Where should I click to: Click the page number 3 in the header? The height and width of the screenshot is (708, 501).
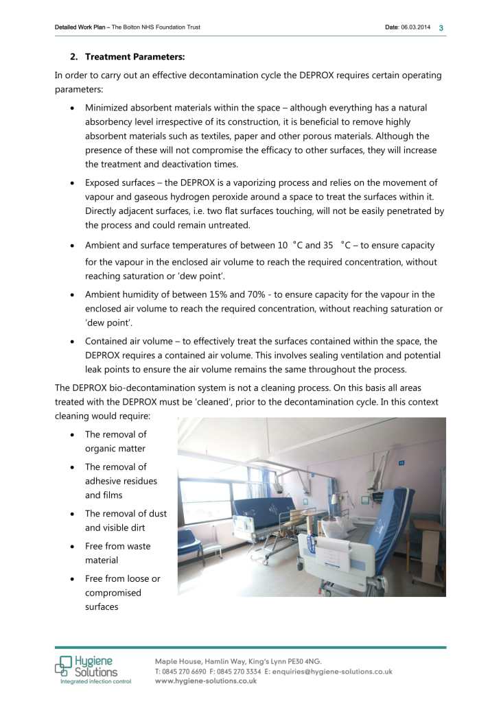(441, 27)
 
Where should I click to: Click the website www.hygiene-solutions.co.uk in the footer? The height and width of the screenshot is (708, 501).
(206, 681)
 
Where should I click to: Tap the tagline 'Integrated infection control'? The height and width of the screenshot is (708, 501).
(95, 681)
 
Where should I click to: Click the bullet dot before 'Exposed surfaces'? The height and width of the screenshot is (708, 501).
(73, 183)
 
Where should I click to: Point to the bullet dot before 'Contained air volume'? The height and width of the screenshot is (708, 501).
(73, 341)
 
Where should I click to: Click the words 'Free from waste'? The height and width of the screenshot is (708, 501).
(117, 546)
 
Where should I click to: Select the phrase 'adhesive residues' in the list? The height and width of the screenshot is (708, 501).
(121, 481)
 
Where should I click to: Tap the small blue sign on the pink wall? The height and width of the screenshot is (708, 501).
(401, 463)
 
